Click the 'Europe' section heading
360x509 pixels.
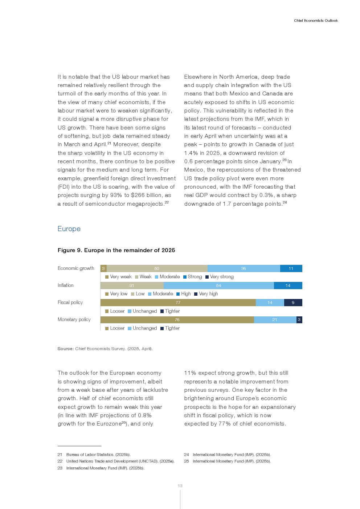click(69, 229)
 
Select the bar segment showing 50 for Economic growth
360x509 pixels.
click(157, 268)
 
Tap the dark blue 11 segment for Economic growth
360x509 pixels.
click(291, 268)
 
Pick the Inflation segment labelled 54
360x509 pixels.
click(218, 286)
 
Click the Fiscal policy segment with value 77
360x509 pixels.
click(178, 303)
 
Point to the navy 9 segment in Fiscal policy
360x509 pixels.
click(293, 303)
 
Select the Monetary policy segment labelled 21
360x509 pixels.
click(275, 320)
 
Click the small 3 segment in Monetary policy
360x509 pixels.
click(299, 320)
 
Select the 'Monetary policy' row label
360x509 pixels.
click(74, 320)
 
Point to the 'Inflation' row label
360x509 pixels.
click(65, 286)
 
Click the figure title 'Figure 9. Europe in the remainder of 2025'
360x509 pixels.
click(116, 250)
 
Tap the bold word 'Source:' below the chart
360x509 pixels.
click(65, 349)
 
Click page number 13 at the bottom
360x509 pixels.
click(180, 486)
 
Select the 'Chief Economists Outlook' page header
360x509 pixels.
click(316, 21)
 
